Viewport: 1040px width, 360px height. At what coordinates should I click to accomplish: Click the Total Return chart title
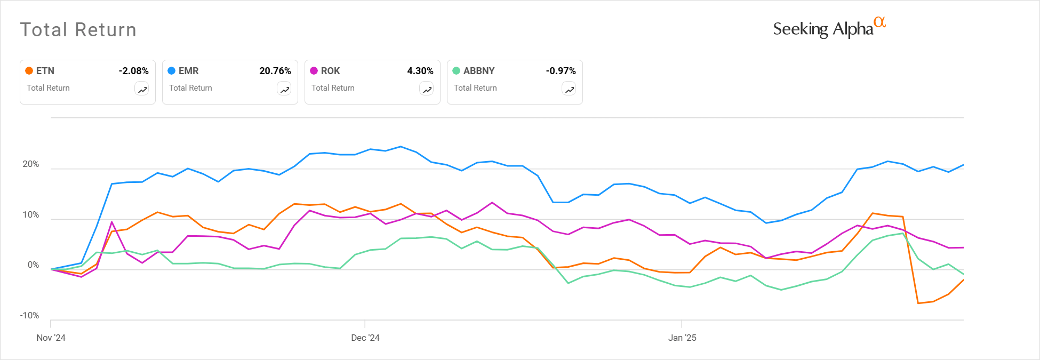[x=78, y=30]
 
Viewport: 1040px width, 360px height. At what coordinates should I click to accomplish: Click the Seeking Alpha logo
[x=829, y=28]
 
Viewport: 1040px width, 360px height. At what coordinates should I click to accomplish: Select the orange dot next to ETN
[x=29, y=71]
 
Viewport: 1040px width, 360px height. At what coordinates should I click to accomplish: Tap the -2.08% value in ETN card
[x=133, y=71]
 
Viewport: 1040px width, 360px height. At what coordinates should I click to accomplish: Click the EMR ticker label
[x=188, y=71]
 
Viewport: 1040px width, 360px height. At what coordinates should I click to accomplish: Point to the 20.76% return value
[x=275, y=71]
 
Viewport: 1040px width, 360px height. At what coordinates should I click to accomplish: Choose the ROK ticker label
[x=330, y=71]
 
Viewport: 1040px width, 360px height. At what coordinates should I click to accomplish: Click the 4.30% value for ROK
[x=420, y=71]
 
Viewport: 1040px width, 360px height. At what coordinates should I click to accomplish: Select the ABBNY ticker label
[x=478, y=71]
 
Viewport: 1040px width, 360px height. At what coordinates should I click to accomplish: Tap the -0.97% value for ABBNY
[x=561, y=71]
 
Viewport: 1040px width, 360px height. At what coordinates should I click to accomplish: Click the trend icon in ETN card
[x=142, y=90]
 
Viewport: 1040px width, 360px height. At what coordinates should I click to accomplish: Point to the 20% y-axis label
[x=30, y=164]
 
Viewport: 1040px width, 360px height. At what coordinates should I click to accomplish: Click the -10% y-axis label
[x=29, y=316]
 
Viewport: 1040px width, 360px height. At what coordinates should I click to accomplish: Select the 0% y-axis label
[x=33, y=265]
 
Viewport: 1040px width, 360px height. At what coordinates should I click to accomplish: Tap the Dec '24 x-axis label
[x=365, y=338]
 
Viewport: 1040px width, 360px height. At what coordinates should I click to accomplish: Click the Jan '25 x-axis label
[x=682, y=338]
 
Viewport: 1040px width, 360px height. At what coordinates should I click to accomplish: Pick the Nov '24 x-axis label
[x=51, y=338]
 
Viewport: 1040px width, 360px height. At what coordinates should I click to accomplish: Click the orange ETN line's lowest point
[x=918, y=303]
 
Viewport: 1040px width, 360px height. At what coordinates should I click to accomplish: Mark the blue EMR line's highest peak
[x=401, y=147]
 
